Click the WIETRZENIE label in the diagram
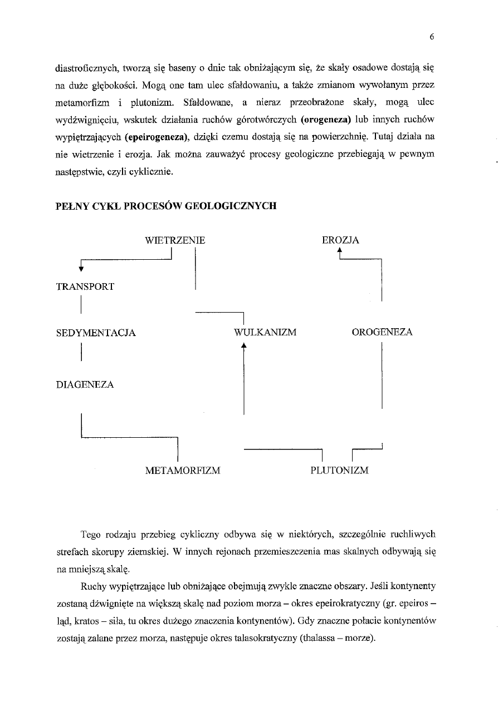point(174,240)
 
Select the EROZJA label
point(340,240)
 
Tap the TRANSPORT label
point(85,286)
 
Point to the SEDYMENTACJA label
point(96,333)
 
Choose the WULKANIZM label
point(265,333)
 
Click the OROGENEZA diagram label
point(382,332)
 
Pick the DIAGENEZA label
point(85,384)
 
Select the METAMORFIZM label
point(183,471)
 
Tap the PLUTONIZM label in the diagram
point(339,471)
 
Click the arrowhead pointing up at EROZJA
point(340,252)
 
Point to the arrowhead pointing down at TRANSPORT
point(81,269)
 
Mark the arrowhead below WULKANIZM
point(243,345)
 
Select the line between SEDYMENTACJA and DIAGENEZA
point(81,353)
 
